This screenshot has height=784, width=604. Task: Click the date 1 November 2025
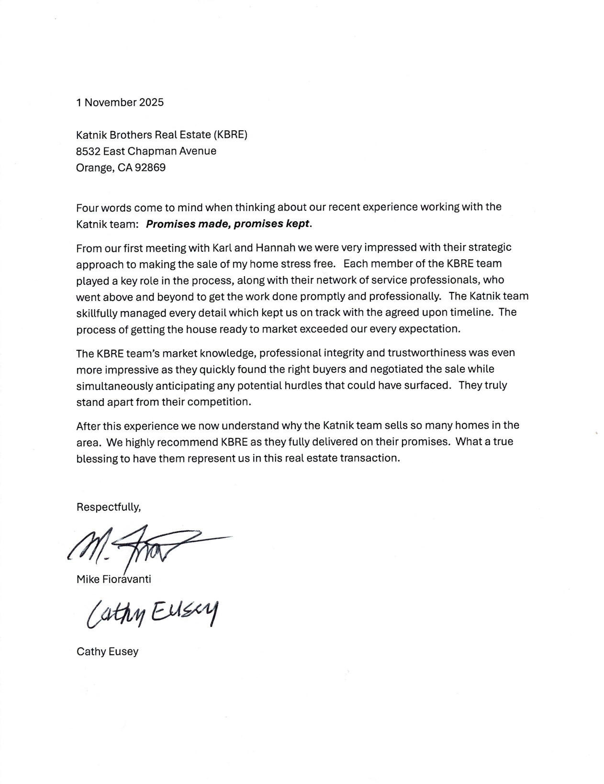[120, 102]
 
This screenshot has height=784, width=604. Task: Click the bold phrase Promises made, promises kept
[229, 224]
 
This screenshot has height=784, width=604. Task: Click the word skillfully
[96, 313]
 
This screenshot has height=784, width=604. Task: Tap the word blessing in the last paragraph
[97, 458]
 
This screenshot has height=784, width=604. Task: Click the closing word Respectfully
[109, 507]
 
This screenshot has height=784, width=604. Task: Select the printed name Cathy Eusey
[107, 651]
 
